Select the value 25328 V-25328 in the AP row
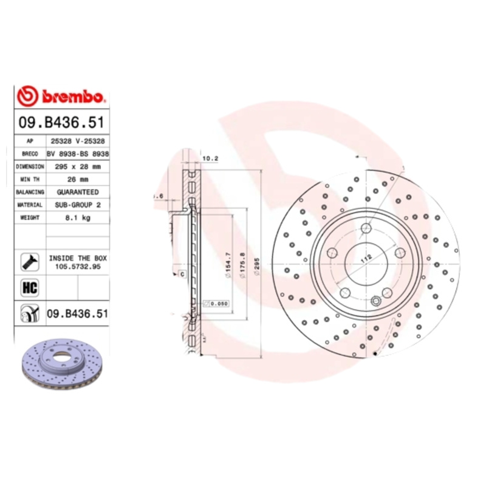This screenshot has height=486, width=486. (77, 141)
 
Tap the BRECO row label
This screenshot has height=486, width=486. (30, 154)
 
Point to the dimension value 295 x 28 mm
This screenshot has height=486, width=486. (77, 166)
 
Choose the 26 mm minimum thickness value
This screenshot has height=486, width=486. (77, 179)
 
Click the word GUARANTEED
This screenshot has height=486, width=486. (77, 192)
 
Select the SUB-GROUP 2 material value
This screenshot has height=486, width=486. (77, 205)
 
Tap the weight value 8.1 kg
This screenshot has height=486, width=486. (77, 218)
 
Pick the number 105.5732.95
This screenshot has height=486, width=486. (77, 266)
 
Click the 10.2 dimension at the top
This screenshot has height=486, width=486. (210, 159)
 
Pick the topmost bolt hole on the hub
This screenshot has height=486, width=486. (366, 229)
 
